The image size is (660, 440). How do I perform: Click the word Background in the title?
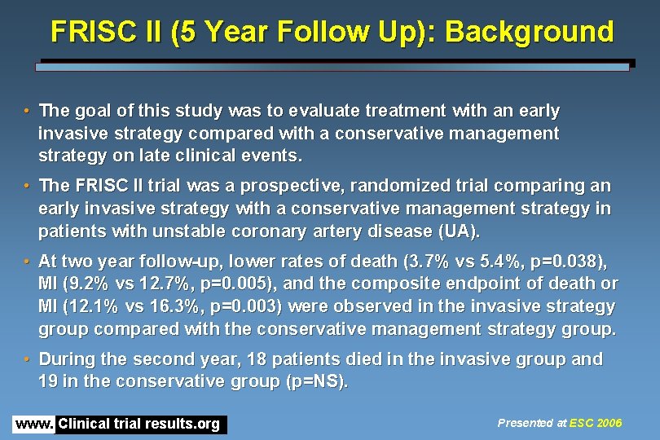pyautogui.click(x=530, y=32)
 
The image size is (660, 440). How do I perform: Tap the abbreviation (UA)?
pyautogui.click(x=457, y=231)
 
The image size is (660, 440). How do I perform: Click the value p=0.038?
pyautogui.click(x=569, y=261)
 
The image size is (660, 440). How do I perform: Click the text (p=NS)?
pyautogui.click(x=314, y=382)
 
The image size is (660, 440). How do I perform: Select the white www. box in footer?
pyautogui.click(x=34, y=425)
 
